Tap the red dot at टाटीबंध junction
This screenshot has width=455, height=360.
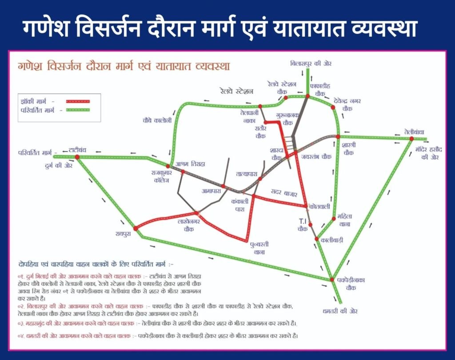click(77, 157)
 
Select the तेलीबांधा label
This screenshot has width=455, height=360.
click(414, 132)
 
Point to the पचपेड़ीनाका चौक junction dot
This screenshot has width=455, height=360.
click(331, 279)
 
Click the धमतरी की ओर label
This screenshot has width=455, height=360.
click(340, 310)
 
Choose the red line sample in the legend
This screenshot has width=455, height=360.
click(78, 101)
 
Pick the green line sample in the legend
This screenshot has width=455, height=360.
click(78, 109)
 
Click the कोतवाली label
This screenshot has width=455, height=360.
click(321, 207)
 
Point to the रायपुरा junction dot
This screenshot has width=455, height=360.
click(136, 228)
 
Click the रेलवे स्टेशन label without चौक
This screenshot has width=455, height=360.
click(236, 91)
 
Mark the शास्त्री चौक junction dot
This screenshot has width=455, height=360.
click(338, 136)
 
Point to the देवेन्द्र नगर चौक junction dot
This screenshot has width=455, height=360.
click(333, 107)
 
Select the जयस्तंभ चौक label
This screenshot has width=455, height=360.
click(316, 157)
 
